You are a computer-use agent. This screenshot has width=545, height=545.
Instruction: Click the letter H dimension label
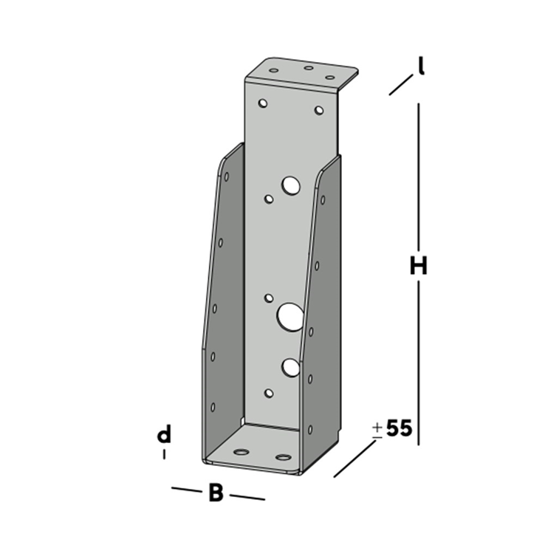coord(419,267)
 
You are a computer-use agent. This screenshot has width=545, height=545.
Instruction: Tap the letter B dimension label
coord(216,493)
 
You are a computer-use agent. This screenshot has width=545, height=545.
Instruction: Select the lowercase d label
coord(164,435)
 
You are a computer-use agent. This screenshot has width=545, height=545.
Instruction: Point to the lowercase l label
coord(419,67)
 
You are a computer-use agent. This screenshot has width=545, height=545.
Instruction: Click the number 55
coord(398,429)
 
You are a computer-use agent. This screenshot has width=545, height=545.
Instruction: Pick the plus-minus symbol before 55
coord(377,429)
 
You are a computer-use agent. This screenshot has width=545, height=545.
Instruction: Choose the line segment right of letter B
coord(248,497)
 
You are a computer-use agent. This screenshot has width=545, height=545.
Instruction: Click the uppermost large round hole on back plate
coord(289,185)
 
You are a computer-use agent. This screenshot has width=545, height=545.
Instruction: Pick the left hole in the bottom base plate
coord(241,450)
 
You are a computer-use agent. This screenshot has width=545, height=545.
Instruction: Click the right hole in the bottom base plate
coord(283,456)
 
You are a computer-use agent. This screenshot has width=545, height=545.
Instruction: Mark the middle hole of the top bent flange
coord(309,68)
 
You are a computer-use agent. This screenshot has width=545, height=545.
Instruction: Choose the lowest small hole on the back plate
coord(269,394)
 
